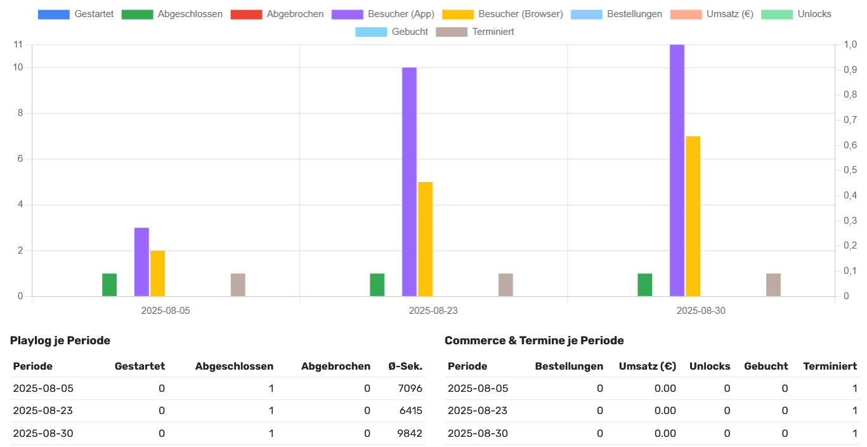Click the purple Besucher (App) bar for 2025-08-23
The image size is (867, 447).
(409, 181)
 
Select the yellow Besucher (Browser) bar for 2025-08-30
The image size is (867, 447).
(693, 216)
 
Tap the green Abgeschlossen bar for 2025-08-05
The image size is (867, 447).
(109, 285)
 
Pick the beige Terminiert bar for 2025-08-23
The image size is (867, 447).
(505, 285)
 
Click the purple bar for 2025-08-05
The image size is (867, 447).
(141, 262)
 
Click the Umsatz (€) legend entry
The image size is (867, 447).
(712, 14)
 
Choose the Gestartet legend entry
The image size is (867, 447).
(75, 14)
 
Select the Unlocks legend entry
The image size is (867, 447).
(796, 14)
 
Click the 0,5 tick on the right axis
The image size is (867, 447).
(849, 170)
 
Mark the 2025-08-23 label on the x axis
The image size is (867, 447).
(433, 311)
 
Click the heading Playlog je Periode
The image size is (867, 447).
(60, 340)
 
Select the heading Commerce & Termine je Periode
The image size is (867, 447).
(534, 340)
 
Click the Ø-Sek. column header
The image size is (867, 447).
(405, 366)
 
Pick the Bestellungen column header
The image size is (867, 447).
(569, 366)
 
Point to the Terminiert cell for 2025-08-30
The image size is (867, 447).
(854, 434)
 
